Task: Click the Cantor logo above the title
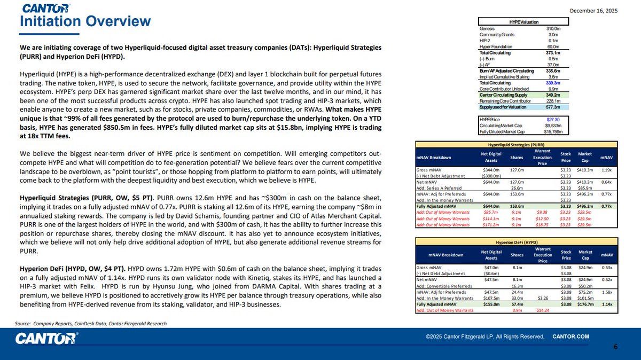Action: pyautogui.click(x=46, y=8)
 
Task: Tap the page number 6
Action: pyautogui.click(x=615, y=347)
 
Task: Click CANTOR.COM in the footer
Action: pyautogui.click(x=570, y=336)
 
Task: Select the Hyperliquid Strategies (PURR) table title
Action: pyautogui.click(x=516, y=144)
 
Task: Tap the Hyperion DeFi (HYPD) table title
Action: pyautogui.click(x=516, y=242)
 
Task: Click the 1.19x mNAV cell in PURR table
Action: pyautogui.click(x=606, y=169)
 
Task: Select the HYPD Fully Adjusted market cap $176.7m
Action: pyautogui.click(x=585, y=304)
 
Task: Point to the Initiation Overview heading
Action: pyautogui.click(x=85, y=22)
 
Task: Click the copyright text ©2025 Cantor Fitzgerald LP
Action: pyautogui.click(x=485, y=336)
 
